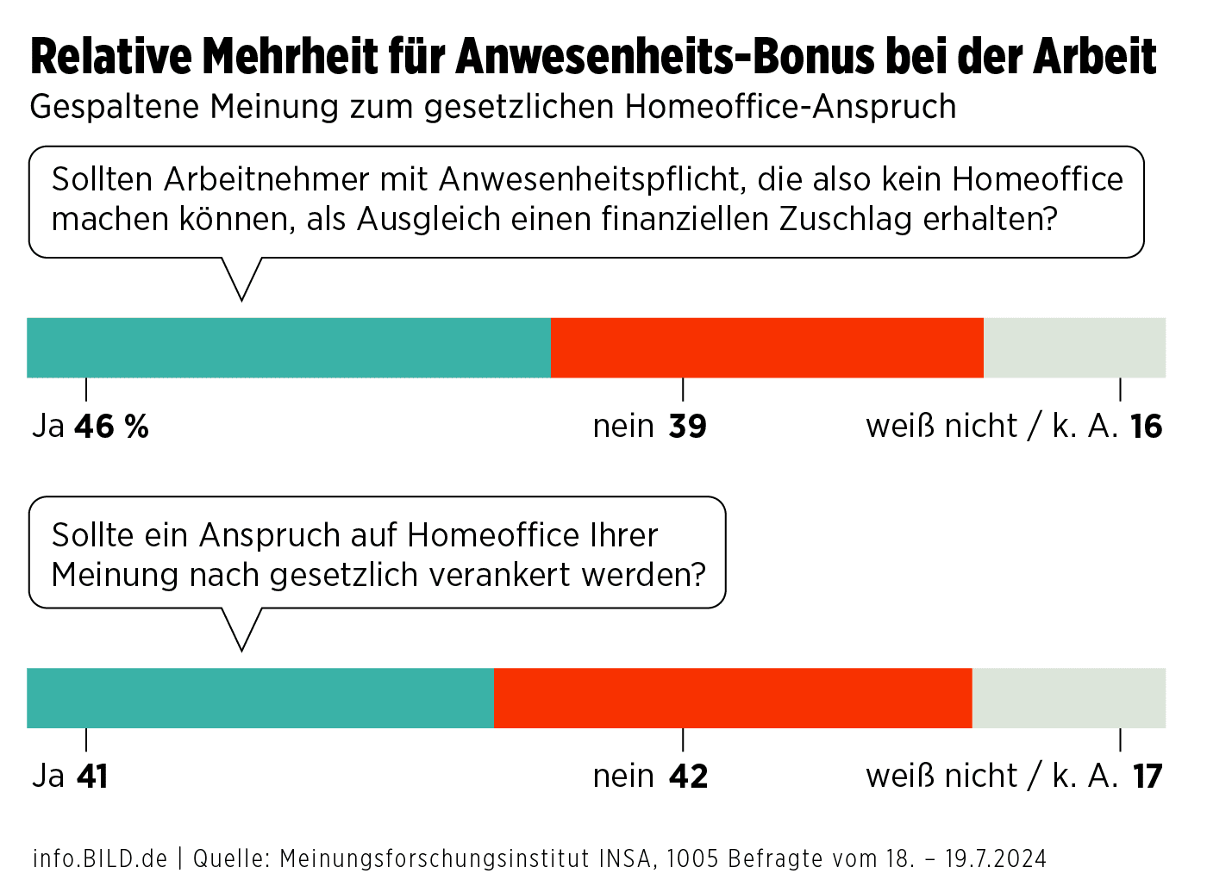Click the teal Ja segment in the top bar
point(289,347)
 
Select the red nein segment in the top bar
point(767,347)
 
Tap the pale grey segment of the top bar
point(1074,347)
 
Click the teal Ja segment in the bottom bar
point(260,697)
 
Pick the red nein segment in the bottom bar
point(733,697)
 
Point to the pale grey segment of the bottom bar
point(1069,697)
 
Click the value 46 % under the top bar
point(111,427)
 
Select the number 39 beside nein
point(687,427)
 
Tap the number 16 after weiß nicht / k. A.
point(1146,427)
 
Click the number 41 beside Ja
point(92,777)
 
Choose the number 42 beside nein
point(688,777)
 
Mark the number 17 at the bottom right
point(1147,777)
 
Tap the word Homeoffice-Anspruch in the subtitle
point(791,107)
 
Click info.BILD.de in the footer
point(100,858)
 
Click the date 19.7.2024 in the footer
point(996,858)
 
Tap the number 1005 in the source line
point(693,858)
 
